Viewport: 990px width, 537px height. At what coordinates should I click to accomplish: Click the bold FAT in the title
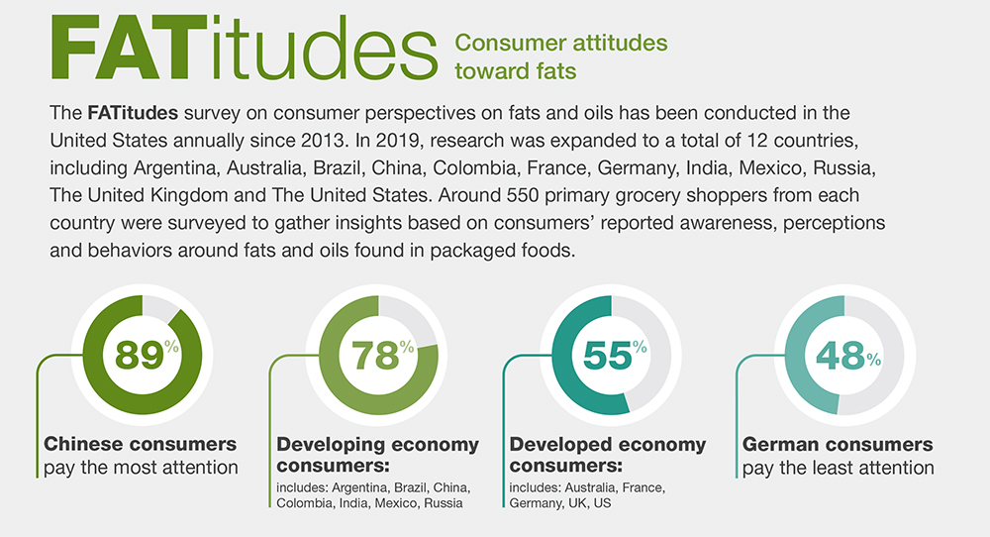(129, 48)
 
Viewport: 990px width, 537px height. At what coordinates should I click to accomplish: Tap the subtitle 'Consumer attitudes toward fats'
(560, 56)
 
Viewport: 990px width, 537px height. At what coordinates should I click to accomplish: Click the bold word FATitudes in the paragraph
(133, 113)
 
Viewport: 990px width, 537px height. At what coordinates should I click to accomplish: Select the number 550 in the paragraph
(523, 194)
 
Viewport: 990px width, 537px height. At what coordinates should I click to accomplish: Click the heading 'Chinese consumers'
(141, 444)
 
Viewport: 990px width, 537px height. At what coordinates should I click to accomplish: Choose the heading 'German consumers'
(838, 444)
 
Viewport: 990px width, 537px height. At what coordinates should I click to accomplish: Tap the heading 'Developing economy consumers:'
(377, 454)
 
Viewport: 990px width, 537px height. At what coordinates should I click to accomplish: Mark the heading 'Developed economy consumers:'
(608, 454)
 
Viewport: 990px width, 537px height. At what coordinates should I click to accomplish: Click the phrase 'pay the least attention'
(838, 468)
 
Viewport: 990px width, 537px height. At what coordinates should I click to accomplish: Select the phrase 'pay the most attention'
(141, 468)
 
